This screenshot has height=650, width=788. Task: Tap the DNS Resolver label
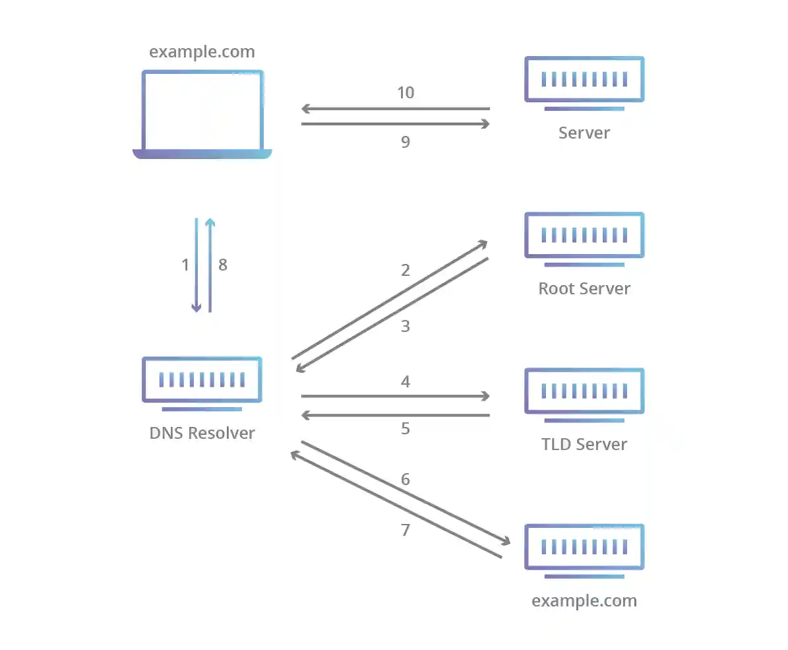(x=202, y=434)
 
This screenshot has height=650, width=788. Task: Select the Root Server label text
(x=584, y=288)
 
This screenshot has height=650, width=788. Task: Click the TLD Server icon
(x=584, y=394)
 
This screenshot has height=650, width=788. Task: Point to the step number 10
(x=406, y=93)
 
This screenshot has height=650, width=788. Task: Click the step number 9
(x=406, y=142)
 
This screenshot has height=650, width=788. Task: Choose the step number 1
(x=185, y=265)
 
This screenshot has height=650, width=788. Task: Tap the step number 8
(x=223, y=265)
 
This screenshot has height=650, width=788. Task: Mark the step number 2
(x=406, y=270)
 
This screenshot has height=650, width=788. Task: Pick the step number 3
(x=406, y=327)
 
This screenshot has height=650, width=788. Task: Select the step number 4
(x=406, y=381)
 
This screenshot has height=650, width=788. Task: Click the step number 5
(x=406, y=429)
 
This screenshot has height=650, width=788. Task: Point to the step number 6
(x=406, y=479)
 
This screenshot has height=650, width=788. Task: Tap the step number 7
(x=406, y=530)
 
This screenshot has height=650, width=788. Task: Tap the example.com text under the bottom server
(x=584, y=601)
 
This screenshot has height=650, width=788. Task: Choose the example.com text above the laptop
(x=202, y=52)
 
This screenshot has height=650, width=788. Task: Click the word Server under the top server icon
(x=584, y=133)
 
